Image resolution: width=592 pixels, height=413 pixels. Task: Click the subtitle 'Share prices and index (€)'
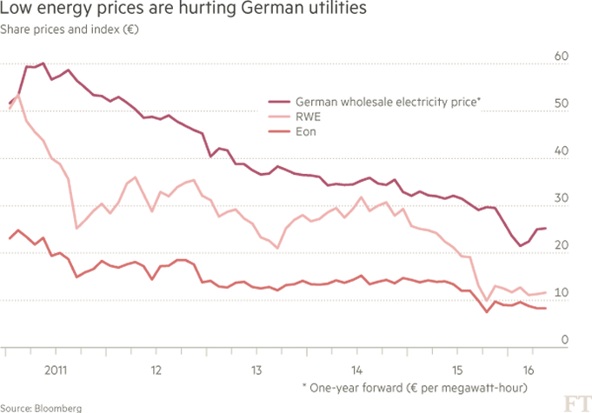pos(70,29)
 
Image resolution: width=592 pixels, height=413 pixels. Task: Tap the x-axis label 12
pos(156,369)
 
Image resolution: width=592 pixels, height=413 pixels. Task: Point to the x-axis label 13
pos(256,369)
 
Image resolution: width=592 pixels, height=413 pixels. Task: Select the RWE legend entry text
pos(308,116)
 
